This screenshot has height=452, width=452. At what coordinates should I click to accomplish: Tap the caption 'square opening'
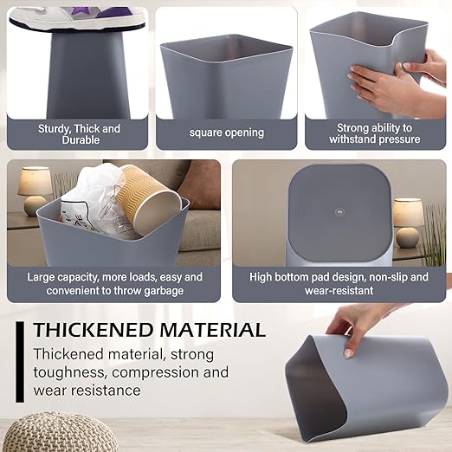point(227,133)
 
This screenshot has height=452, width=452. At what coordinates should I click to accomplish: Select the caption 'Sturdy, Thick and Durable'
point(80,133)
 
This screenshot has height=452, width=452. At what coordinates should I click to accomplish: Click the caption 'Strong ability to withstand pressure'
point(375,133)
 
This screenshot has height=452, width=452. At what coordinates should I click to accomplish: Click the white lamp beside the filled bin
point(35,190)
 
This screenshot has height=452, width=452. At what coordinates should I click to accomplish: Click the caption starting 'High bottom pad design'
point(339,284)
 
